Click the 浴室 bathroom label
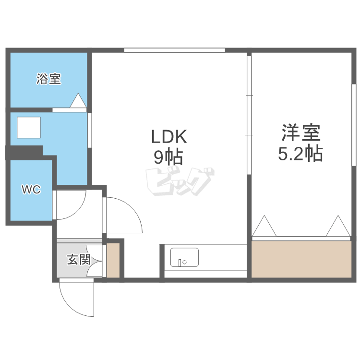48,79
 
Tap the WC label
31,190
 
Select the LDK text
169,137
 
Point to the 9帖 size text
168,157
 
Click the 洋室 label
301,132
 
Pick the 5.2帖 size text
300,153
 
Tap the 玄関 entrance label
79,259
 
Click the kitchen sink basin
184,257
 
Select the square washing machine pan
29,127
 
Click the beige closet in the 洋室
301,259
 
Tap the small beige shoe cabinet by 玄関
113,260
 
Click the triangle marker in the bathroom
78,100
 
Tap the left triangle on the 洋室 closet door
264,226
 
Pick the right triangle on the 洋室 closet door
338,226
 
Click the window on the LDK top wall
175,50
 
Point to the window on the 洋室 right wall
354,125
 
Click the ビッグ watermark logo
180,181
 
